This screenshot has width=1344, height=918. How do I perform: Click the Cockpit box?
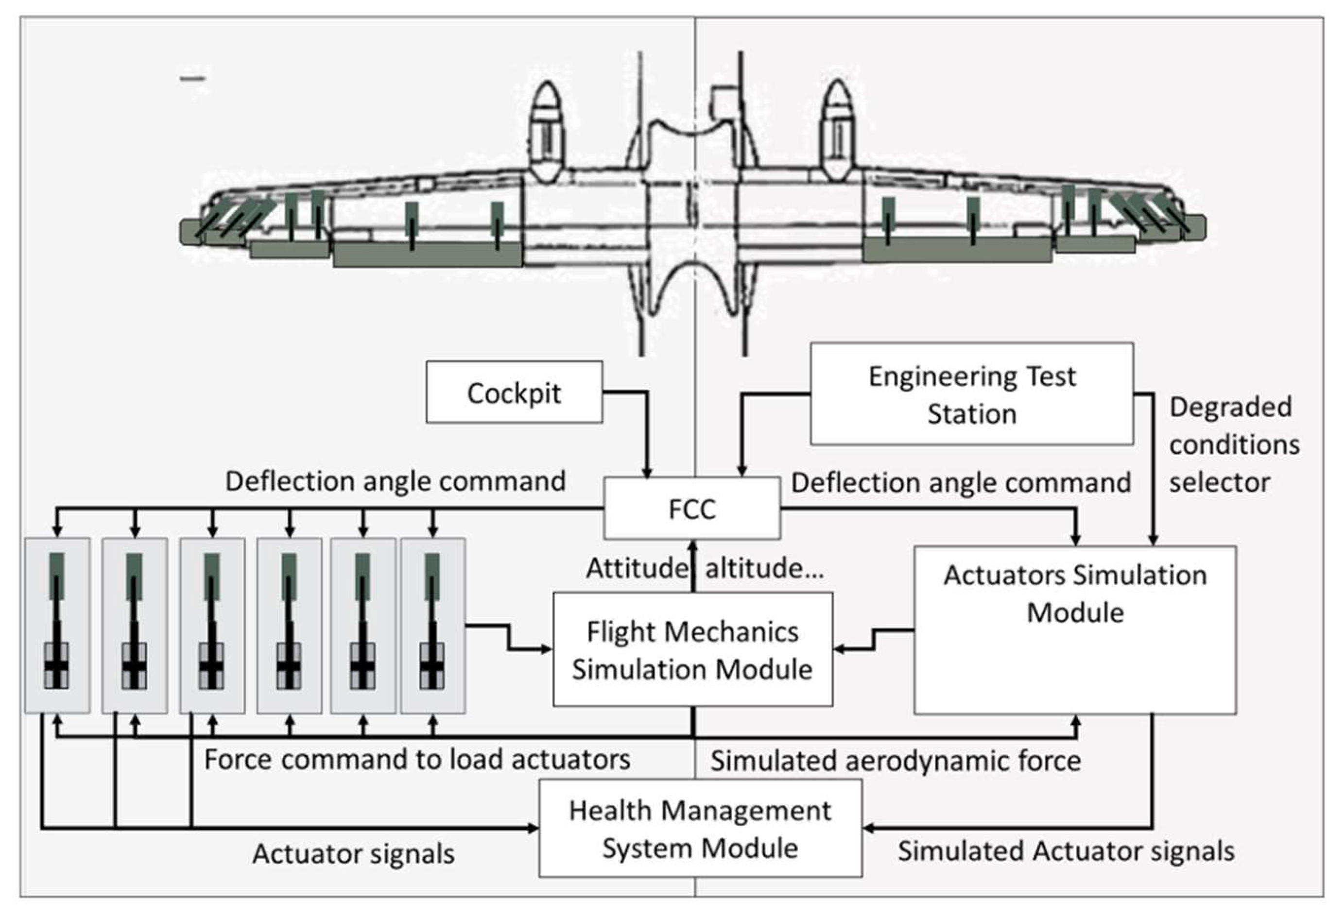514,392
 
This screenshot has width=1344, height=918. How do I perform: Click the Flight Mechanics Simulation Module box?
692,649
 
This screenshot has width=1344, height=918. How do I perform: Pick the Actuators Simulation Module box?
1074,630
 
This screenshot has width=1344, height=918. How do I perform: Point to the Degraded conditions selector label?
1234,444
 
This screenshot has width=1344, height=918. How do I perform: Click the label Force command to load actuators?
417,759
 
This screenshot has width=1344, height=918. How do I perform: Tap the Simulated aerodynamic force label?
895,761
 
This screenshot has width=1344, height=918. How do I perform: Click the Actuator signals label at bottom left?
353,854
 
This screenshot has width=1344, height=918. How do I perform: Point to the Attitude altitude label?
705,568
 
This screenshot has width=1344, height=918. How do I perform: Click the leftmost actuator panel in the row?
57,626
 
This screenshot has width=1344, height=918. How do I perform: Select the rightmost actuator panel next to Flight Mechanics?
432,626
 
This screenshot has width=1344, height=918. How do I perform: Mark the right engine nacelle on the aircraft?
837,130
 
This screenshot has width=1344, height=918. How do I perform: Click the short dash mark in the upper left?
192,79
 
